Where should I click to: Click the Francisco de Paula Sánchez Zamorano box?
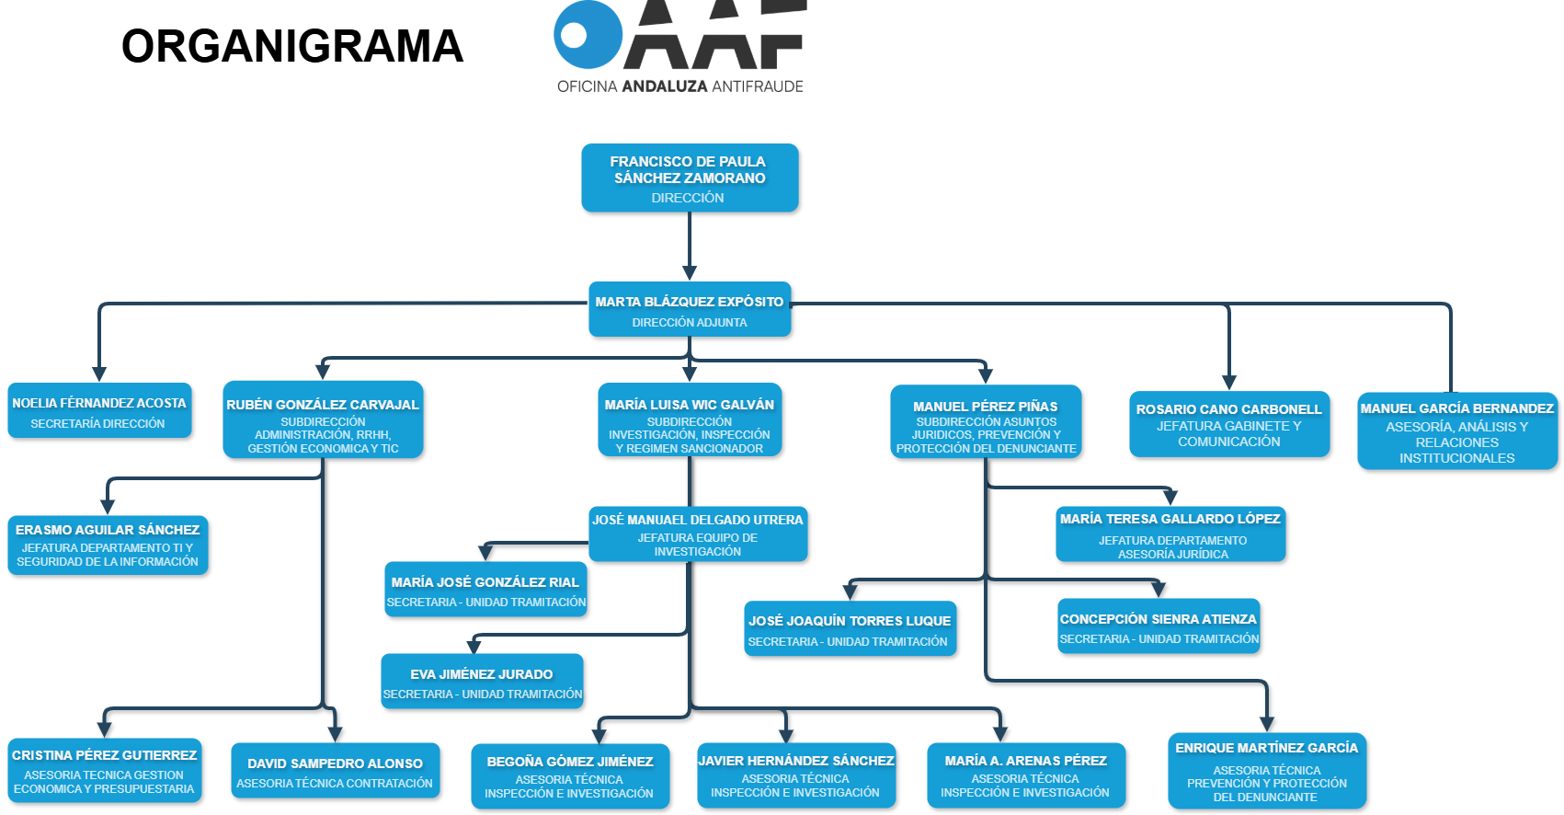689,178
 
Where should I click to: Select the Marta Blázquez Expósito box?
689,309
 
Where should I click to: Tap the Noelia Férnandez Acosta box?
99,410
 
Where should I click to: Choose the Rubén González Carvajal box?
323,419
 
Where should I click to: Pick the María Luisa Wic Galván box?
689,419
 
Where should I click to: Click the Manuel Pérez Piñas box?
986,421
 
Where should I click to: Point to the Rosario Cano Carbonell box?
1228,424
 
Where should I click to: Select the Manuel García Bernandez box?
1456,430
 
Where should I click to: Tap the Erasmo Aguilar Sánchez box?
108,545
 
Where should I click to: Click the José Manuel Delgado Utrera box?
698,534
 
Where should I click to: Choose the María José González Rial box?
485,590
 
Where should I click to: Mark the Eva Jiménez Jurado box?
482,682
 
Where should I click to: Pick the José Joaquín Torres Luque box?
850,629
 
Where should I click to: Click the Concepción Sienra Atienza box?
1159,626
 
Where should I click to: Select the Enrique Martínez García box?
1266,771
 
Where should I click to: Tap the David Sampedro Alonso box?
335,771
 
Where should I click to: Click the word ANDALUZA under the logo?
665,86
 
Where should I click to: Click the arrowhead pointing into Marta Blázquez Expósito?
689,272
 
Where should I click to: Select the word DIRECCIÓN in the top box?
688,198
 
